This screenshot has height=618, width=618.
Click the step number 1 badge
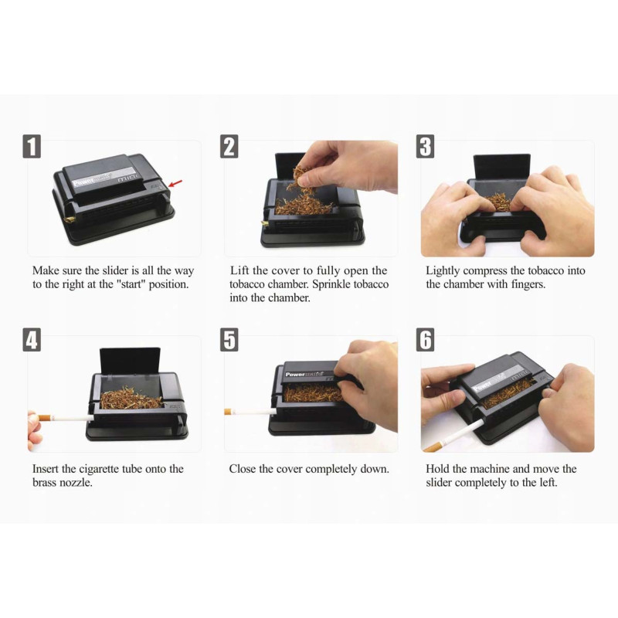[x=32, y=147]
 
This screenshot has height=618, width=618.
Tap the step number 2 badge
[x=229, y=147]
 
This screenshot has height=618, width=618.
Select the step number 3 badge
[x=426, y=147]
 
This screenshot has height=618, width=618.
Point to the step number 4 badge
[x=32, y=340]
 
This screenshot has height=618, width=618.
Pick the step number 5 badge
[x=229, y=340]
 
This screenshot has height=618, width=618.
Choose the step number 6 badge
[x=426, y=340]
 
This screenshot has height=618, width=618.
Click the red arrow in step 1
[x=175, y=183]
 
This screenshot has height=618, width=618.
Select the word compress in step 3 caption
[x=485, y=271]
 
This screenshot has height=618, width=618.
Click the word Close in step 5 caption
[x=243, y=469]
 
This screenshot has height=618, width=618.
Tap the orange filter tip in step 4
[x=43, y=417]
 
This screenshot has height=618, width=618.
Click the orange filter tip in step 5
[x=227, y=412]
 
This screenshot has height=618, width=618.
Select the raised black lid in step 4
[x=130, y=360]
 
